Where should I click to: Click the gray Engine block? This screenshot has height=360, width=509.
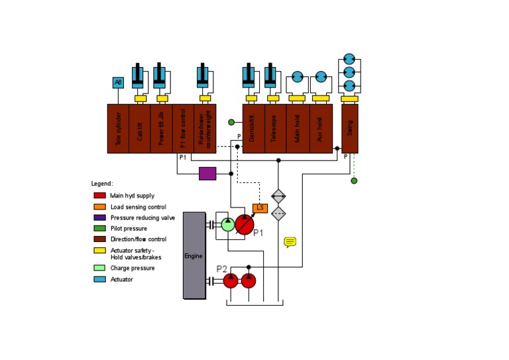(x=194, y=255)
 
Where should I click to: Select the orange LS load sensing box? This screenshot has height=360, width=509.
(x=260, y=208)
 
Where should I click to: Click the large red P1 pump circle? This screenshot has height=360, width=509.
(x=245, y=224)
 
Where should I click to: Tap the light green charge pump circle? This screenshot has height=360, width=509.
(x=227, y=224)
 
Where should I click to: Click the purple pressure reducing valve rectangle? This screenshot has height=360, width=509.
(x=207, y=174)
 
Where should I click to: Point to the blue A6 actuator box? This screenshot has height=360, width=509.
(x=118, y=82)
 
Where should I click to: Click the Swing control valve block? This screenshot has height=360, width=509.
(x=350, y=128)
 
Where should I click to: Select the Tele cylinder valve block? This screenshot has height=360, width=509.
(x=118, y=128)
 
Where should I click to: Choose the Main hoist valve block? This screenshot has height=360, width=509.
(x=298, y=128)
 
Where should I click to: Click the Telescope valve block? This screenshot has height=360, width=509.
(x=275, y=128)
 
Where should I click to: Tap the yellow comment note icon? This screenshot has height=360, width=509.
(x=290, y=242)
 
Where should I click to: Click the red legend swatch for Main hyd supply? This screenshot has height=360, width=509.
(x=99, y=196)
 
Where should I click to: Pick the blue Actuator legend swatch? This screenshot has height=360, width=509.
(x=99, y=279)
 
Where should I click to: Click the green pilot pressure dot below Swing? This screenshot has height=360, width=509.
(x=354, y=180)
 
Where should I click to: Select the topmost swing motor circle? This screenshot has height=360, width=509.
(x=349, y=60)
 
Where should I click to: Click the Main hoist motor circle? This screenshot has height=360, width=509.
(x=297, y=77)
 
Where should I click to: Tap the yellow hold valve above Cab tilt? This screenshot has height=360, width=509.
(x=141, y=99)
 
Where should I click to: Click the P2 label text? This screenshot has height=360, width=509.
(x=222, y=269)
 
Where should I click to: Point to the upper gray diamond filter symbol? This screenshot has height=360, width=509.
(x=278, y=196)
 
